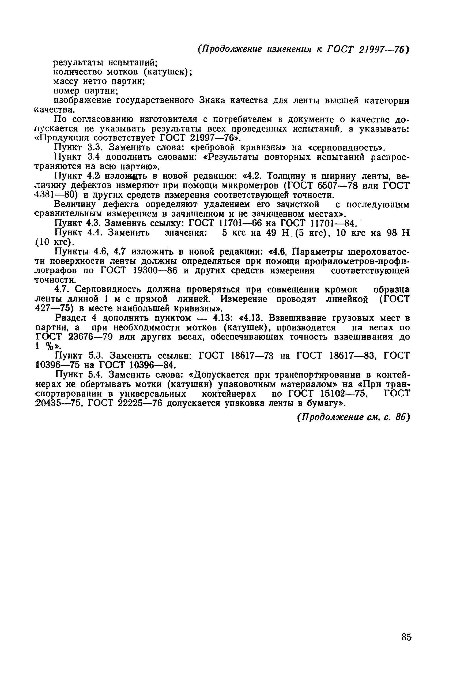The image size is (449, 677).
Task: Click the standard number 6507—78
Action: tap(338, 186)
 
